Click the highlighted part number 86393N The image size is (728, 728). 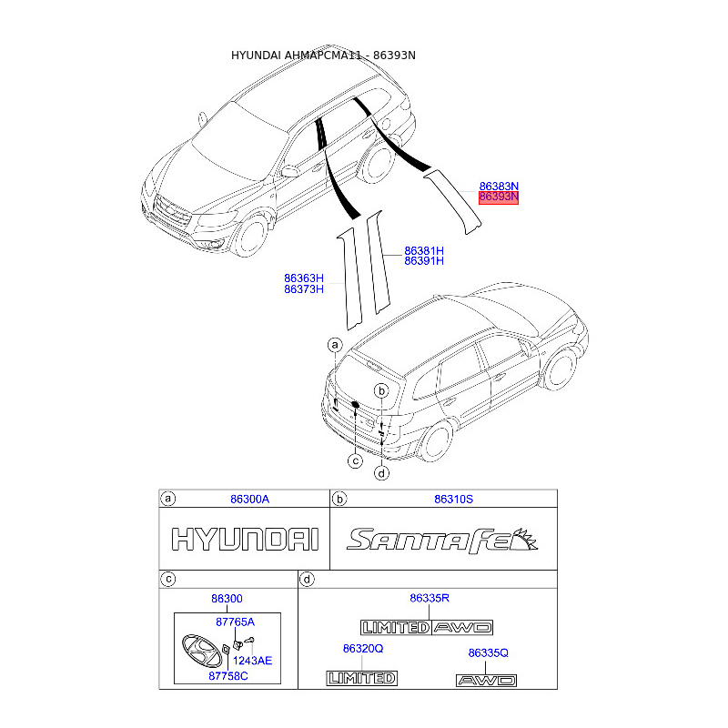pyautogui.click(x=498, y=197)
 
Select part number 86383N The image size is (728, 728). pyautogui.click(x=499, y=187)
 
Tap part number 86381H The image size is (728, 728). pyautogui.click(x=424, y=251)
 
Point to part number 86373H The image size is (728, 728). pyautogui.click(x=304, y=289)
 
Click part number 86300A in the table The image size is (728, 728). pyautogui.click(x=249, y=499)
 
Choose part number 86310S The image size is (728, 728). pyautogui.click(x=453, y=499)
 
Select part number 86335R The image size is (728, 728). pyautogui.click(x=430, y=598)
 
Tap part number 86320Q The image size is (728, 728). pyautogui.click(x=363, y=649)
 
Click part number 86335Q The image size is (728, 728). pyautogui.click(x=488, y=652)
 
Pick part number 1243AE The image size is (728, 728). pyautogui.click(x=253, y=661)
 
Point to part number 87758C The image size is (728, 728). pyautogui.click(x=228, y=676)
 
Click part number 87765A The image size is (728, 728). pyautogui.click(x=236, y=622)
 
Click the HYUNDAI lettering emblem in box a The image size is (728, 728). pyautogui.click(x=245, y=540)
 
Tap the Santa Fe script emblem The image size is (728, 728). pyautogui.click(x=442, y=541)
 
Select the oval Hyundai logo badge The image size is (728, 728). pyautogui.click(x=202, y=651)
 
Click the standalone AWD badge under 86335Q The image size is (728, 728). pyautogui.click(x=486, y=681)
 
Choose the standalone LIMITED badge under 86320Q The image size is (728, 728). pyautogui.click(x=361, y=678)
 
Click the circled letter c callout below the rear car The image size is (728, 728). pyautogui.click(x=355, y=461)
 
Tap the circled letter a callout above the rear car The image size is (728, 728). pyautogui.click(x=335, y=345)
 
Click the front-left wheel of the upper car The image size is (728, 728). pyautogui.click(x=251, y=237)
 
